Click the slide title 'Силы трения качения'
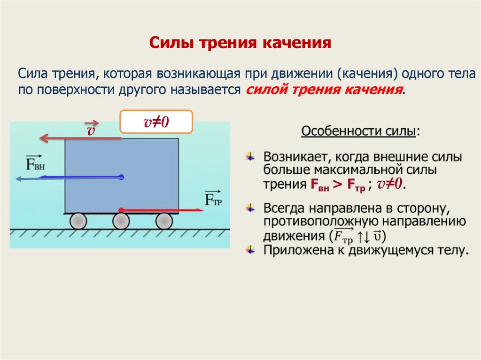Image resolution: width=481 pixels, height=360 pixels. [240, 43]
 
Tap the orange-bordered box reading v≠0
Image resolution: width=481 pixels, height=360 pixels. [156, 122]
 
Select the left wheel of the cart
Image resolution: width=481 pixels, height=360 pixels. [78, 221]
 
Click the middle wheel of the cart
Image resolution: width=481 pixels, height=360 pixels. [121, 221]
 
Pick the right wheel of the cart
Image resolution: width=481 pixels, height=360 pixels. [164, 221]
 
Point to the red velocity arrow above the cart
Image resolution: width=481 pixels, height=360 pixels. [80, 138]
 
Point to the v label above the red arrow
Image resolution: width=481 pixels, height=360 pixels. [91, 130]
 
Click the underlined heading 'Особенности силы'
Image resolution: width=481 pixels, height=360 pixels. [358, 131]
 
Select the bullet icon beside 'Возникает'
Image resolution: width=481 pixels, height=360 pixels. [252, 156]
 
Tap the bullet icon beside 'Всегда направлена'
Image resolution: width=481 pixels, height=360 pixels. [252, 207]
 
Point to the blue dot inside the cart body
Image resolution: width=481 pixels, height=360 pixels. [121, 177]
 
